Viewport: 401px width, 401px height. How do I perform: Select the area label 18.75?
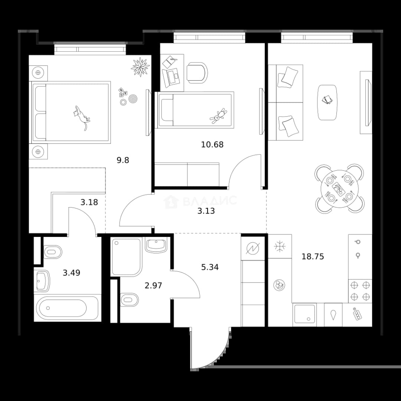tap(313, 256)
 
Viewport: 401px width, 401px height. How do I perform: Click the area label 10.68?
tap(212, 145)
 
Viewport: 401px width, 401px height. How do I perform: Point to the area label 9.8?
tap(123, 160)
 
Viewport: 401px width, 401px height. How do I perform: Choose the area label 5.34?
tap(210, 267)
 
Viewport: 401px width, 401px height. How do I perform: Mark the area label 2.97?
tap(153, 286)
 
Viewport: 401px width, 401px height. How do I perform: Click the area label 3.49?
tap(72, 273)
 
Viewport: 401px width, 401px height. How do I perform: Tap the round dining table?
tap(339, 189)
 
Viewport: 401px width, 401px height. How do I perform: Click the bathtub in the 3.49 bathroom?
tap(67, 308)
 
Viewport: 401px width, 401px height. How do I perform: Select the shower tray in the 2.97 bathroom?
tap(126, 257)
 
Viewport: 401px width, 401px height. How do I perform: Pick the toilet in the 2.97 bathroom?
tap(130, 300)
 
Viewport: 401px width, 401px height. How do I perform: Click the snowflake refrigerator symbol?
tap(280, 246)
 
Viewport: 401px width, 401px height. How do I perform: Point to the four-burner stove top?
tap(360, 290)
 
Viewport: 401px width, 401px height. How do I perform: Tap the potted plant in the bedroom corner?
tap(140, 67)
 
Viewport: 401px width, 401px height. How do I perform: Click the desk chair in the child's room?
tap(197, 73)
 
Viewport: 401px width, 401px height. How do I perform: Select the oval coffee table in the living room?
tap(327, 102)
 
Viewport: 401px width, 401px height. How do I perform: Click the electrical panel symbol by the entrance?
tap(253, 248)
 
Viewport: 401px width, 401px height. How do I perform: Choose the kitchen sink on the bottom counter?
tap(304, 314)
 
